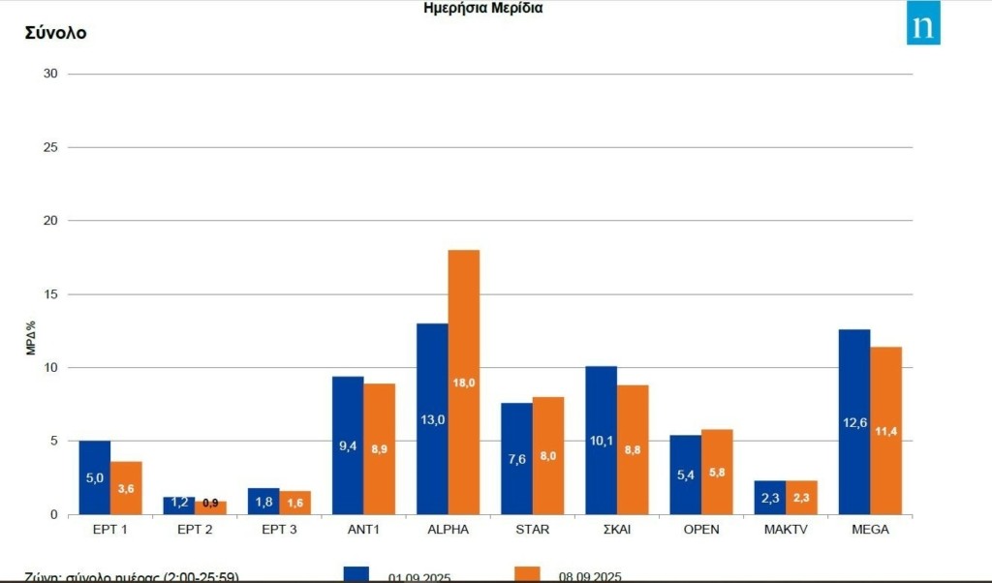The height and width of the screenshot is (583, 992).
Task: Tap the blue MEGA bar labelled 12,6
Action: point(854,421)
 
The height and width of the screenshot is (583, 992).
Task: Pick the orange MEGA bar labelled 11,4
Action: point(885,430)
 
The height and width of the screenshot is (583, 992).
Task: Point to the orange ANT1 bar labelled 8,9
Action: point(379,448)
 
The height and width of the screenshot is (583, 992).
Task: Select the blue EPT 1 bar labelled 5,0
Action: point(95,477)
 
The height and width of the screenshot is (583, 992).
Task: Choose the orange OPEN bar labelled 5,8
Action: point(717,472)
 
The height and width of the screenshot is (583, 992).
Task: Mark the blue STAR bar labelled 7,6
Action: point(516,458)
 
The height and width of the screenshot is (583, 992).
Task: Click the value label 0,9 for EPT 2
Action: point(210,503)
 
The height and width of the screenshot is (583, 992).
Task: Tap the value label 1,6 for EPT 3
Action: point(294,503)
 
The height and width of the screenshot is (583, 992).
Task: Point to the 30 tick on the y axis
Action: point(50,75)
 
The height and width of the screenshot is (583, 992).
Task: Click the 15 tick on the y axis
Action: point(50,294)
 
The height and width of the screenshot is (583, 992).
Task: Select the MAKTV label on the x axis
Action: point(785,530)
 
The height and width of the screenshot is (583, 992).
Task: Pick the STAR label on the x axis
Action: point(532,530)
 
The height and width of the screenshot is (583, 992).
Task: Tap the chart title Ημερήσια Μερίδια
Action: point(483,8)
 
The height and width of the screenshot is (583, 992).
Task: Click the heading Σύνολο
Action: point(55,33)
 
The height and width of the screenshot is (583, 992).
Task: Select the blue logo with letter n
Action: point(923,27)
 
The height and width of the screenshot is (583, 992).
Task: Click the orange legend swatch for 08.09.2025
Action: point(527,573)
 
